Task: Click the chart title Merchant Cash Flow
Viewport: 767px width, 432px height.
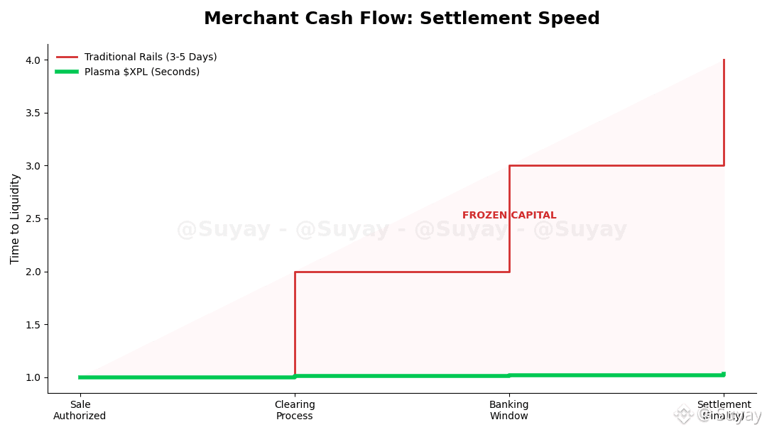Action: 401,18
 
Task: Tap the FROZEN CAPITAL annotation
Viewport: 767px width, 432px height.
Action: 509,216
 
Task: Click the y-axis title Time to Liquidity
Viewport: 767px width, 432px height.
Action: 16,218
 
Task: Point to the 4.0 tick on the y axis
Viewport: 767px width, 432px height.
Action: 33,60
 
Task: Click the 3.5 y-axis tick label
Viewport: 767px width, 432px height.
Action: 33,113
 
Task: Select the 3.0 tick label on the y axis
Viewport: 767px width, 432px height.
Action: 33,166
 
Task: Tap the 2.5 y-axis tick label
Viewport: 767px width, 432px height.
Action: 33,218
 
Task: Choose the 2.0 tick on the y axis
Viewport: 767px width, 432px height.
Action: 33,272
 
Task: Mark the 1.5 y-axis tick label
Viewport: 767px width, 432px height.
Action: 33,324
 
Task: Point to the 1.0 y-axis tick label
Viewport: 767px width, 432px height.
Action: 33,377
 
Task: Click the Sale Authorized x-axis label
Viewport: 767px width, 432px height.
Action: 80,410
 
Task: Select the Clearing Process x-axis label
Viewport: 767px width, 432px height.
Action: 295,410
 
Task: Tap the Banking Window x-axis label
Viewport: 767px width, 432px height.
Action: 509,410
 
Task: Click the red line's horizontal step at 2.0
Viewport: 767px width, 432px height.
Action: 402,272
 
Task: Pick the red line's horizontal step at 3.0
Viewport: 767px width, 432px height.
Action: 616,165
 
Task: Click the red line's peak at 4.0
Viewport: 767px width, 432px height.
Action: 724,60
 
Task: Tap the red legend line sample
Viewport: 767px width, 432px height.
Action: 67,57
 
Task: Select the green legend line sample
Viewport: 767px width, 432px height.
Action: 67,72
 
